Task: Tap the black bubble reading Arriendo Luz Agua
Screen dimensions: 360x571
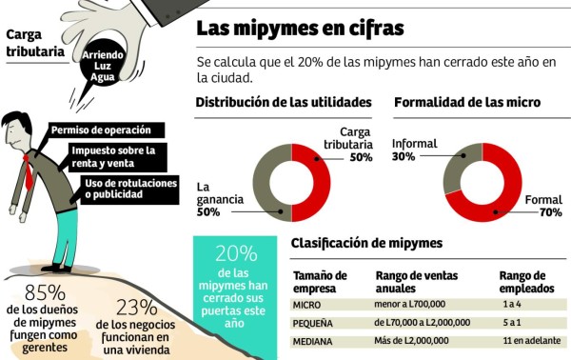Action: point(104,66)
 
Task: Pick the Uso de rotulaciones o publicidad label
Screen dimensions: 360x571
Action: point(128,189)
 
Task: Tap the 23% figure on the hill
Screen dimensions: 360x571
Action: point(136,307)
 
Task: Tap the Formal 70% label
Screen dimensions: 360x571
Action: point(543,207)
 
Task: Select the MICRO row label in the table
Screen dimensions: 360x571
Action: point(308,305)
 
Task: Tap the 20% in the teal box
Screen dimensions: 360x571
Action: point(236,253)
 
